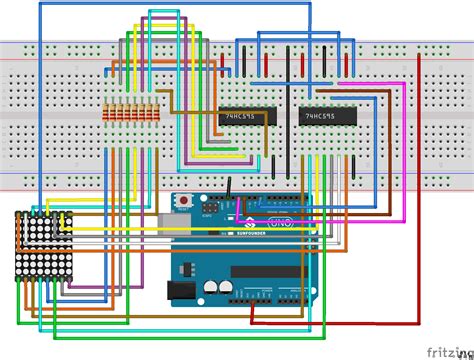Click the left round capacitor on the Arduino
(x=211, y=287)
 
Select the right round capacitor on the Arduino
(x=228, y=287)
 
